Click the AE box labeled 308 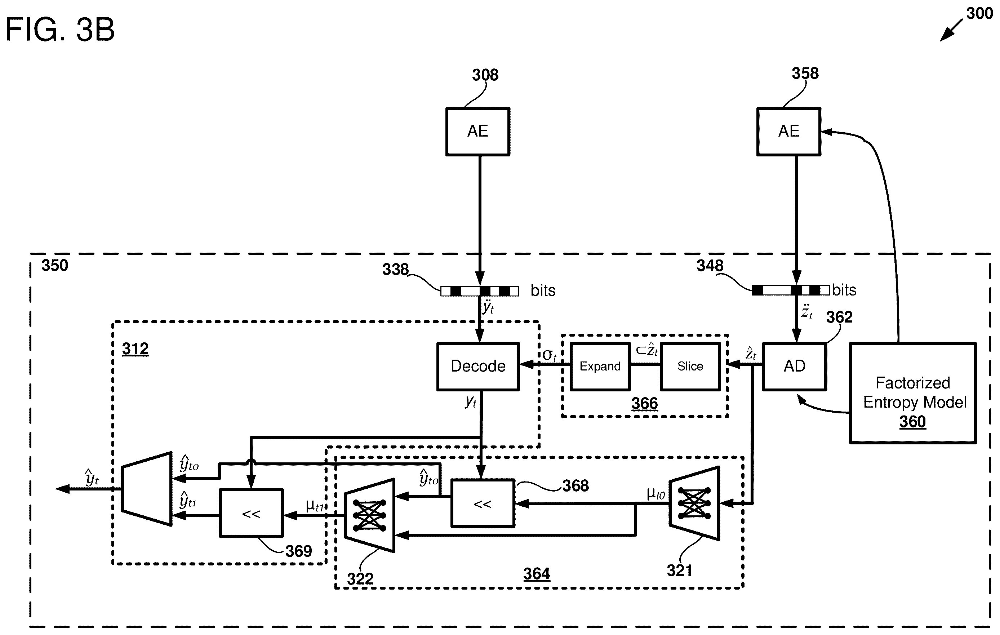point(477,132)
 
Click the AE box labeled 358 point(788,132)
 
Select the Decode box point(478,366)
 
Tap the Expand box point(600,366)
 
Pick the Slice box point(690,366)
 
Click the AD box point(795,366)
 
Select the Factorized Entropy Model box point(913,393)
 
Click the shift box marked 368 point(483,503)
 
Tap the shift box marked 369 point(251,513)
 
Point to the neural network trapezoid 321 point(694,503)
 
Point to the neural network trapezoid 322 point(369,515)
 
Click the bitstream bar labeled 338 point(479,291)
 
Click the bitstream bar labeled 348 point(791,290)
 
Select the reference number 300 point(979,13)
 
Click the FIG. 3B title point(60,30)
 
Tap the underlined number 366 point(645,403)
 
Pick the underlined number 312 point(135,349)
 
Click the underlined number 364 point(537,574)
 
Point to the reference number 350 point(55,265)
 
